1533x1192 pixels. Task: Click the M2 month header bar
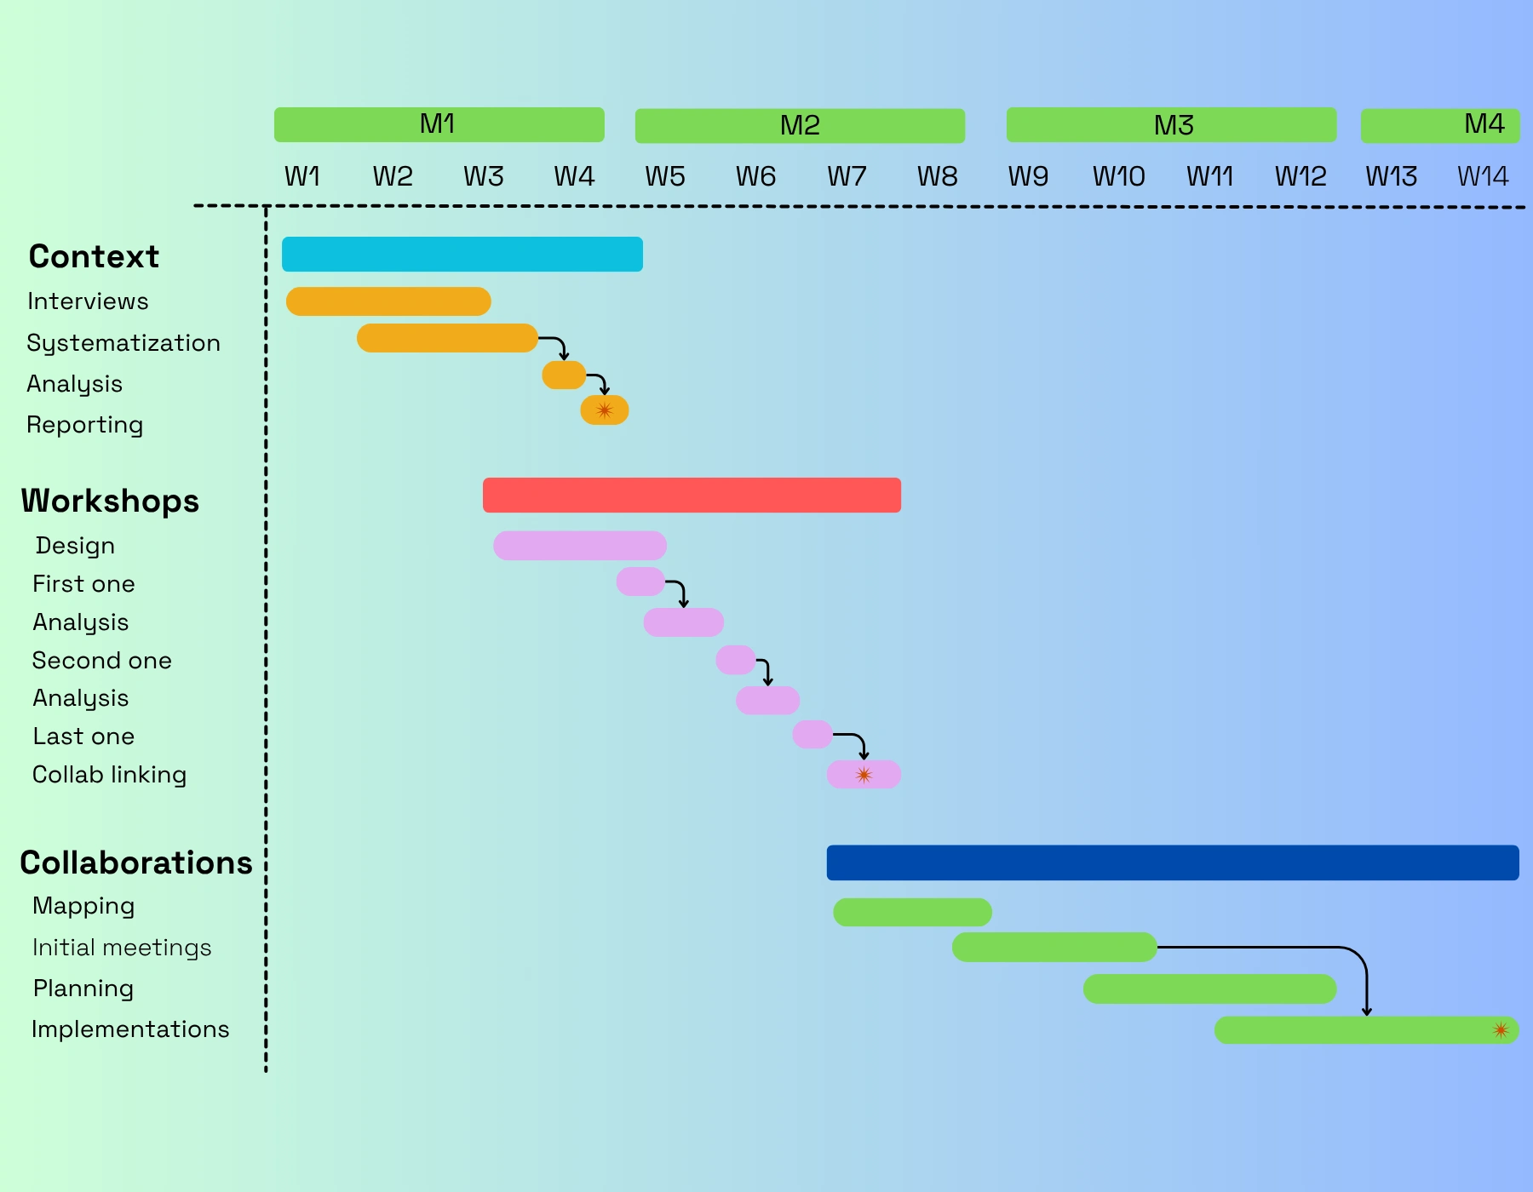click(x=800, y=126)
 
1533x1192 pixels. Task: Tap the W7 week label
click(x=847, y=176)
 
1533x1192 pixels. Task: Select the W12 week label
click(x=1300, y=176)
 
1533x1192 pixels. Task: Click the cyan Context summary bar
click(x=462, y=255)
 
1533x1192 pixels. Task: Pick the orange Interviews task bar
click(x=388, y=301)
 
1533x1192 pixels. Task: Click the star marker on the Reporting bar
click(x=605, y=410)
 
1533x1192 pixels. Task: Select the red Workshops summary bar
click(x=692, y=496)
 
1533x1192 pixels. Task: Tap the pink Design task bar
click(x=579, y=546)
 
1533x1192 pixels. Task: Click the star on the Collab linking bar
click(x=864, y=775)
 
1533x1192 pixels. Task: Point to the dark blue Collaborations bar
click(x=1172, y=862)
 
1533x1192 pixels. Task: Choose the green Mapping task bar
click(x=912, y=912)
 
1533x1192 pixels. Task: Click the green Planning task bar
click(x=1209, y=989)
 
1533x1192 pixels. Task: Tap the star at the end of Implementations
click(x=1501, y=1030)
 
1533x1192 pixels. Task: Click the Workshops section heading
click(x=110, y=501)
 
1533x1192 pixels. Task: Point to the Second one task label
click(x=102, y=661)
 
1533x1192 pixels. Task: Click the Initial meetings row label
click(x=122, y=948)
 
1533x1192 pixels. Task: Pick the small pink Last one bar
click(x=812, y=734)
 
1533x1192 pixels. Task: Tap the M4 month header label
click(x=1484, y=124)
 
